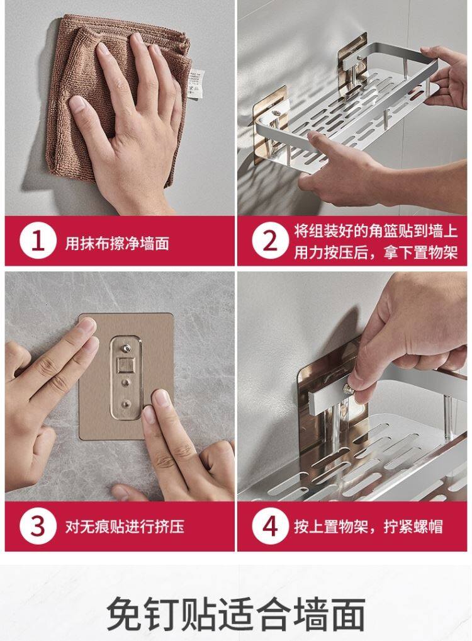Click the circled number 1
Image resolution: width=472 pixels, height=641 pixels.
[38, 241]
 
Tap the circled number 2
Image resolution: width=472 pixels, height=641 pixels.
[270, 241]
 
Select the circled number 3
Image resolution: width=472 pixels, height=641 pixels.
[38, 526]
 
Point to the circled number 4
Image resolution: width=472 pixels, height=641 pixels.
[270, 526]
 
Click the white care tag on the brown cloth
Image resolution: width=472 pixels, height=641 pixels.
[196, 84]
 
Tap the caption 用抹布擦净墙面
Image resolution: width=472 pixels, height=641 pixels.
[117, 244]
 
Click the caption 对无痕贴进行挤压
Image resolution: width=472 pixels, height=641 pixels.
[125, 526]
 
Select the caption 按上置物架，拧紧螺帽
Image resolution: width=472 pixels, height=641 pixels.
[368, 526]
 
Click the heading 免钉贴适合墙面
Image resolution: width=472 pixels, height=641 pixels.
[236, 614]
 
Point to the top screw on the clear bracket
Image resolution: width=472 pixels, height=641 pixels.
[126, 349]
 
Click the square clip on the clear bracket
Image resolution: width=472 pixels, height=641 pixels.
[126, 365]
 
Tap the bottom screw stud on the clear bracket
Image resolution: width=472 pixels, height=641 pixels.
[126, 404]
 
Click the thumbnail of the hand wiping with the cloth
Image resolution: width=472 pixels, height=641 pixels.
[120, 108]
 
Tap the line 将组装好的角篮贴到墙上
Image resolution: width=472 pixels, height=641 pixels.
[376, 231]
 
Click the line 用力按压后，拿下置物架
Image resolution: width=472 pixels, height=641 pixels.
[376, 252]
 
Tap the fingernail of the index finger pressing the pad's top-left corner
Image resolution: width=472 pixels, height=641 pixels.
[87, 326]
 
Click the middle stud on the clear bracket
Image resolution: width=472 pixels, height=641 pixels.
[126, 383]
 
